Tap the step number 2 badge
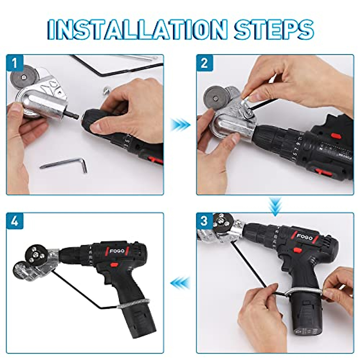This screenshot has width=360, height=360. click(204, 63)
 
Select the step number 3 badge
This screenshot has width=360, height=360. click(204, 221)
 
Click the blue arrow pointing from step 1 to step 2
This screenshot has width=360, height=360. click(180, 124)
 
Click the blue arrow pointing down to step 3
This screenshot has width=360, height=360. click(275, 205)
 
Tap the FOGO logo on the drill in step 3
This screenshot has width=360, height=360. click(304, 237)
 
